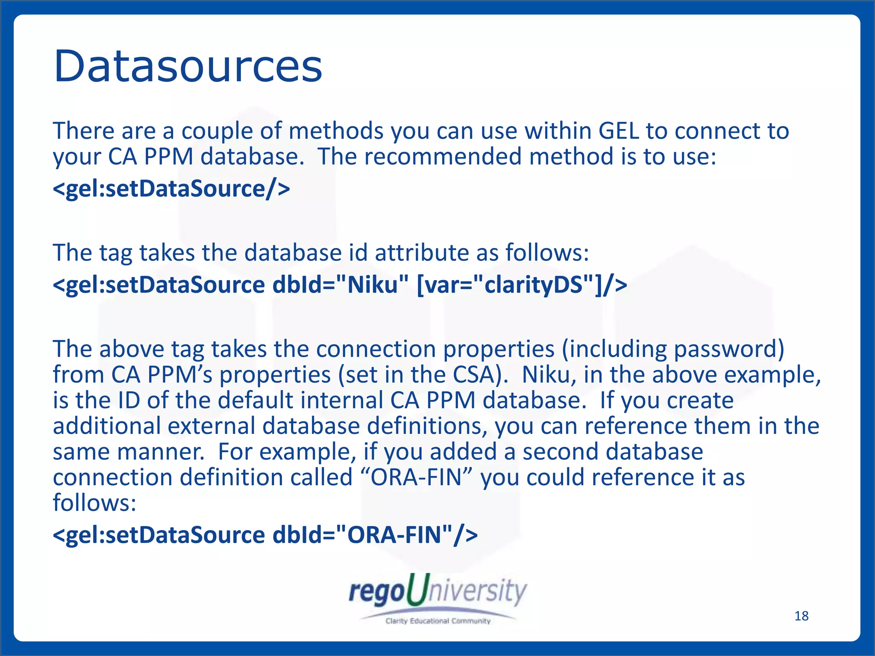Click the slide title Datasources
tap(188, 66)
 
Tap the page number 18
tap(801, 616)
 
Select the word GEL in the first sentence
tap(618, 131)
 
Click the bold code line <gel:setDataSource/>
tap(171, 188)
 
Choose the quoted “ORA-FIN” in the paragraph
tap(417, 477)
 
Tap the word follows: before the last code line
tap(94, 503)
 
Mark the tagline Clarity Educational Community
tap(437, 621)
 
